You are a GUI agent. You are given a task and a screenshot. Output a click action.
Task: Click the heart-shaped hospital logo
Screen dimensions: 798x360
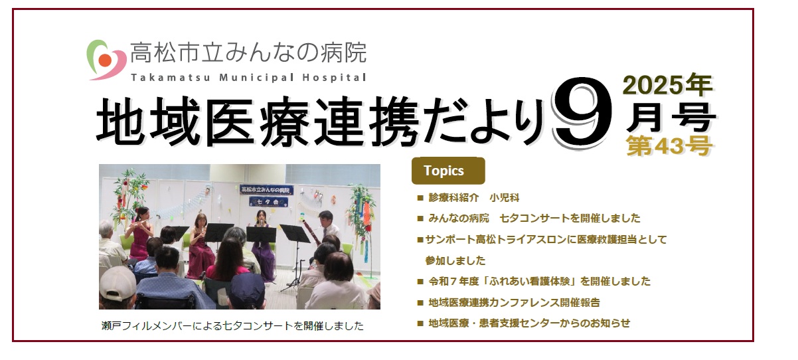tap(106, 60)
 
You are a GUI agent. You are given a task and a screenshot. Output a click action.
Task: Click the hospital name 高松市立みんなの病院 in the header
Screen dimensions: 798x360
tap(248, 52)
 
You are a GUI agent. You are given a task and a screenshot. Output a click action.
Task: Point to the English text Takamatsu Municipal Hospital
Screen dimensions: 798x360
tap(248, 77)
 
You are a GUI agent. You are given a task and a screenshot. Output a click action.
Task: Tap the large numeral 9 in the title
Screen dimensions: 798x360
tap(582, 114)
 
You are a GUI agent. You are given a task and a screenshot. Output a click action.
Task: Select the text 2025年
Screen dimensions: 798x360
tap(668, 85)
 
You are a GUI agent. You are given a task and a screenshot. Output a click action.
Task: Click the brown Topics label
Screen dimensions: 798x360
tap(448, 171)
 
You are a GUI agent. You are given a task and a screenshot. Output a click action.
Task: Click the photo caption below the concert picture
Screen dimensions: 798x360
tap(232, 325)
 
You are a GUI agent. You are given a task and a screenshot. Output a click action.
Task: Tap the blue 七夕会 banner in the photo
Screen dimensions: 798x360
tap(268, 202)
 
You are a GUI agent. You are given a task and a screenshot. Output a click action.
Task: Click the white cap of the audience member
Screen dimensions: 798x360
tap(117, 284)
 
